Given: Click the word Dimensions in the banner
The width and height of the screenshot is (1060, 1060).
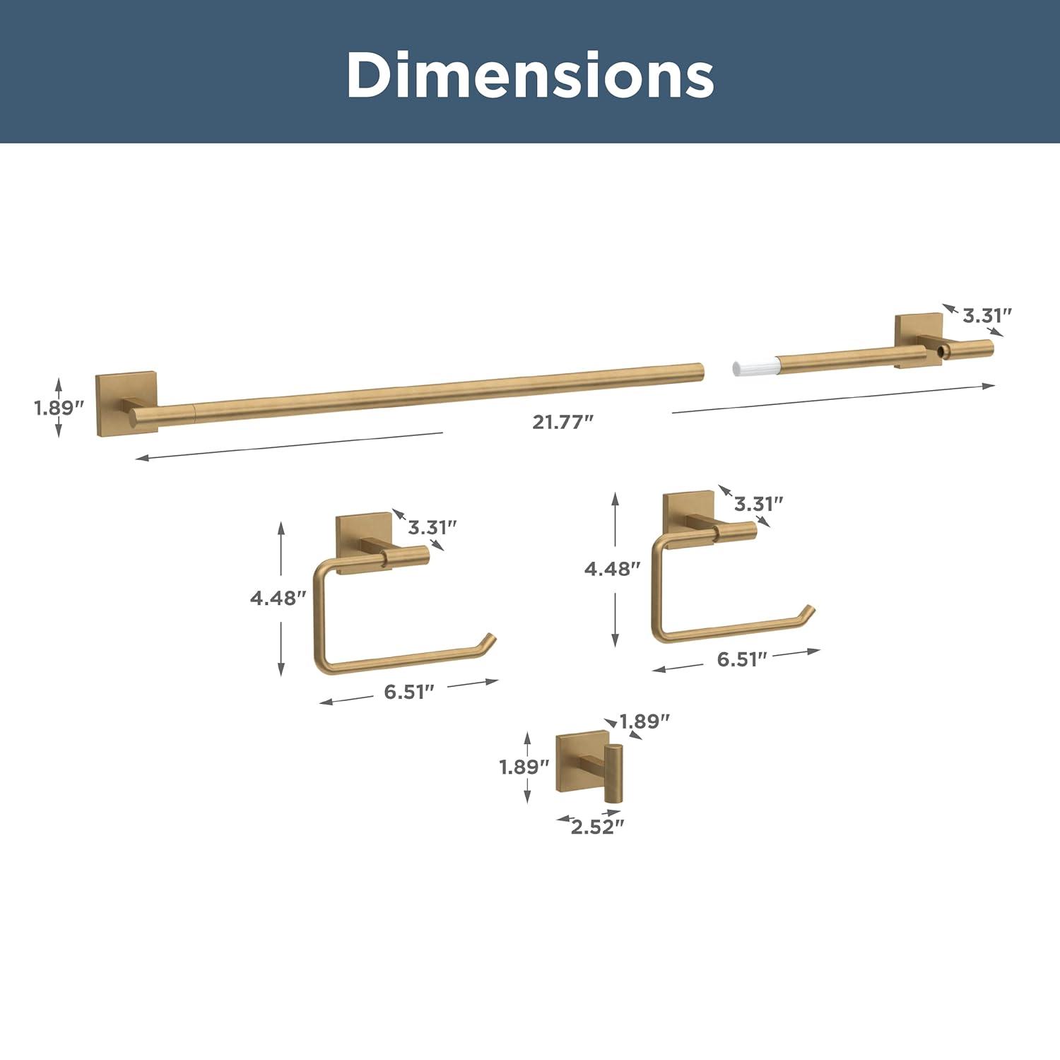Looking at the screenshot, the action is point(530,75).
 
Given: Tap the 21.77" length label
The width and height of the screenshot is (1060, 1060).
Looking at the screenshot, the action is point(563,422).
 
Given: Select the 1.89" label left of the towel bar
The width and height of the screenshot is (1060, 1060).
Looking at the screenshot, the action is point(59,408).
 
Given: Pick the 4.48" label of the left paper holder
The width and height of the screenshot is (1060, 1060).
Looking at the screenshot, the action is point(278,598).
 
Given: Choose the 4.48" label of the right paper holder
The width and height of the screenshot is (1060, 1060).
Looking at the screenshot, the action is point(613,568).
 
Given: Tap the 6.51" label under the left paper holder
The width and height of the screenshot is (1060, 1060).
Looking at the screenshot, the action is point(409,692).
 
